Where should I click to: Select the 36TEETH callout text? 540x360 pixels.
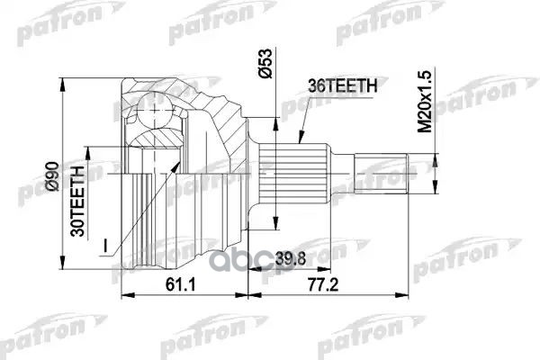click(336, 85)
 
